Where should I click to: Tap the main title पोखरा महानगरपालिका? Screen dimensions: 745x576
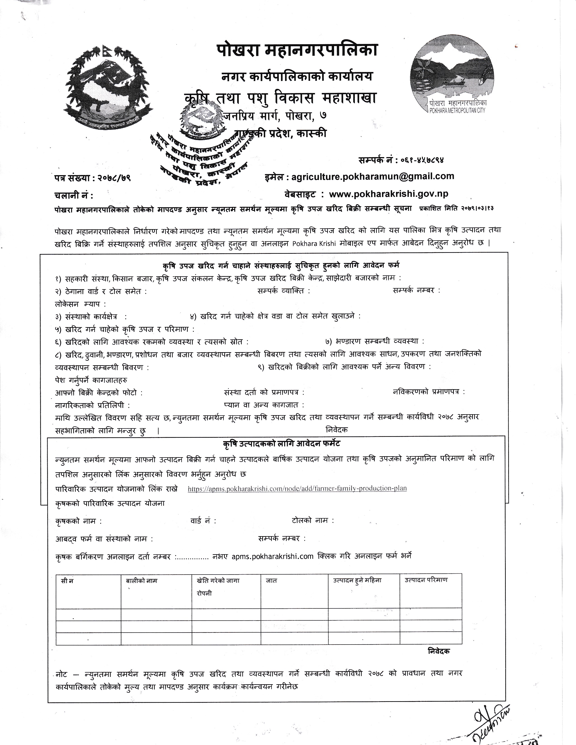(297, 51)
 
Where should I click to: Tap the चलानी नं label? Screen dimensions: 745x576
(73, 196)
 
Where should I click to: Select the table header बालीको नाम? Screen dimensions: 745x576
(142, 581)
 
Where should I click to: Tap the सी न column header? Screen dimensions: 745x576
(67, 581)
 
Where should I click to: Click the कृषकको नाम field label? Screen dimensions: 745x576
(78, 521)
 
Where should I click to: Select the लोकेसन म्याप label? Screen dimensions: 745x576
(80, 304)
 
